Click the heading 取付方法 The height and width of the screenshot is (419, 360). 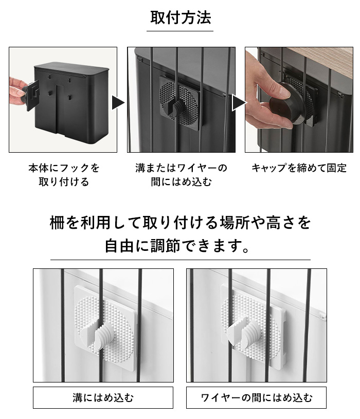click(x=181, y=17)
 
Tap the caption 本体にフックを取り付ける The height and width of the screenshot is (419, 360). click(x=64, y=175)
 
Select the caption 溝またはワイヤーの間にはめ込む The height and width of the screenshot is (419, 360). click(x=181, y=175)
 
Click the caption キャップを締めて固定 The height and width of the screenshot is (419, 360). click(x=299, y=168)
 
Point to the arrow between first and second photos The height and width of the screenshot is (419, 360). click(x=118, y=103)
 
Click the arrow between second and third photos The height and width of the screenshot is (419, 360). click(x=239, y=103)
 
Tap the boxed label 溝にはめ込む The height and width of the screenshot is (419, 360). click(x=103, y=397)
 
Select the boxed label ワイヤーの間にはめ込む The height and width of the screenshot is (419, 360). click(x=256, y=397)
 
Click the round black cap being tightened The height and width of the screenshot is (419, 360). click(x=286, y=104)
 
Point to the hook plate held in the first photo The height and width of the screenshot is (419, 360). click(x=32, y=96)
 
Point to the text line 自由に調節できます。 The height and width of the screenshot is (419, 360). click(x=177, y=246)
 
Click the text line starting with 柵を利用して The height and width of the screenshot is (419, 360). click(x=181, y=222)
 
